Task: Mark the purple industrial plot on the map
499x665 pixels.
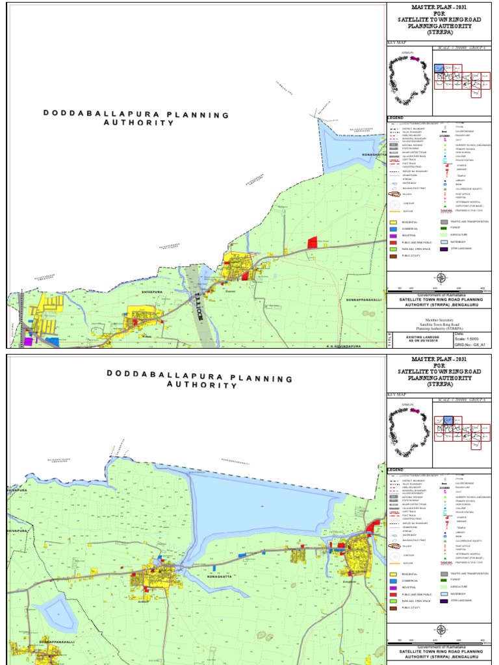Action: pos(28,340)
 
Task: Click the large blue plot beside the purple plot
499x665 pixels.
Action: pos(51,340)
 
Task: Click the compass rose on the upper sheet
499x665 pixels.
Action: pos(441,278)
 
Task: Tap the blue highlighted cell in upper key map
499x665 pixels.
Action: pos(439,69)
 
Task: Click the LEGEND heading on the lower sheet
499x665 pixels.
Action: pos(396,468)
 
